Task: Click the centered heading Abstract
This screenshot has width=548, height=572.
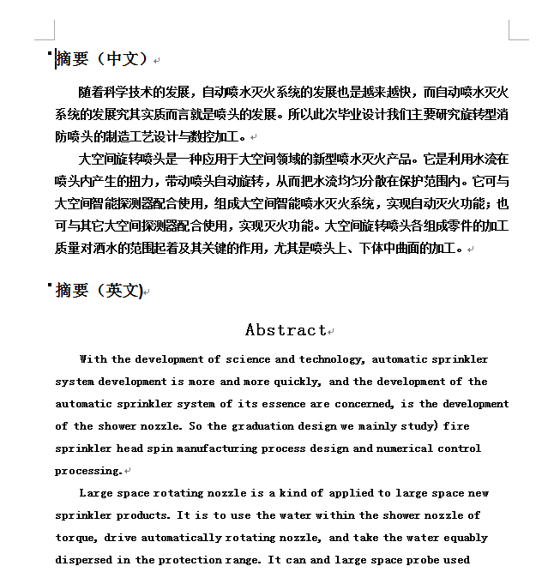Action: coord(286,330)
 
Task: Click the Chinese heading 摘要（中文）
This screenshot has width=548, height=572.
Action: coord(102,59)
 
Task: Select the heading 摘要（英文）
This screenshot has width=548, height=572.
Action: coord(99,291)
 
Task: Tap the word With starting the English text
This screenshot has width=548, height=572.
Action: coord(93,359)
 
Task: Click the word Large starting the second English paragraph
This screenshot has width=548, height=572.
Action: coord(96,493)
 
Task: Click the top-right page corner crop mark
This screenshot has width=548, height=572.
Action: coord(518,31)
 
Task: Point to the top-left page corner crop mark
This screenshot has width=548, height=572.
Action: coord(45,31)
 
